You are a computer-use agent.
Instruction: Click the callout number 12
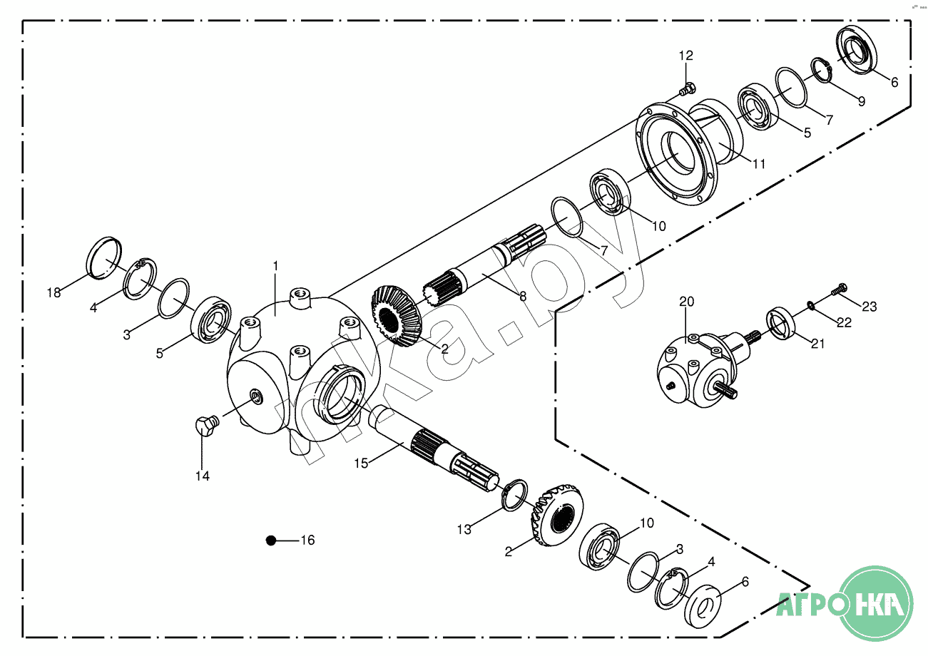685,56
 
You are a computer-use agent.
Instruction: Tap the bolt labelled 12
687,90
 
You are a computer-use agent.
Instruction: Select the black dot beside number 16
270,540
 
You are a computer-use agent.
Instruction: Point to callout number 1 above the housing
275,266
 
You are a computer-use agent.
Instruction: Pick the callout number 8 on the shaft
523,296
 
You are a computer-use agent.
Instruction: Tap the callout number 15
362,463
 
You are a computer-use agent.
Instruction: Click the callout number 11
758,163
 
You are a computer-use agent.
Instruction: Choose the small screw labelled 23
839,289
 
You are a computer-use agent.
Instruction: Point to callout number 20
686,302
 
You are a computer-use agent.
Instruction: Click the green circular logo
877,601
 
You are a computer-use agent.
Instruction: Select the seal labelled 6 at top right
857,48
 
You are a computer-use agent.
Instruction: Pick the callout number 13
464,529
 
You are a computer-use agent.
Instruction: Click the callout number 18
54,292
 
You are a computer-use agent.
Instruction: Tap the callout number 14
203,475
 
